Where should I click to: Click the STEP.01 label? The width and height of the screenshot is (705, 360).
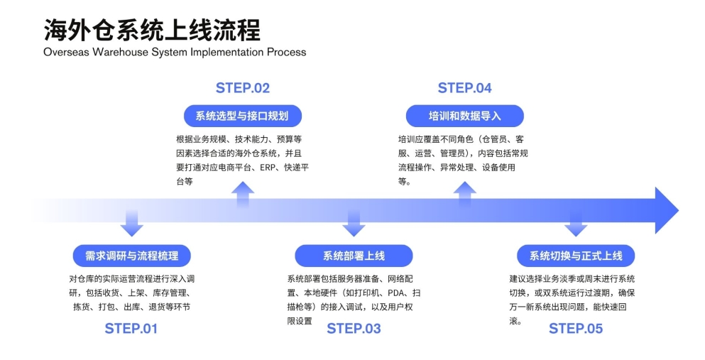(x=131, y=329)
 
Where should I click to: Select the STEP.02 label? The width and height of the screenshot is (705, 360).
(x=243, y=88)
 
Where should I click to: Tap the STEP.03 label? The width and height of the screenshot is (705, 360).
(x=354, y=329)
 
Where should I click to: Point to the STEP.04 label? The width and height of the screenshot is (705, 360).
(x=464, y=88)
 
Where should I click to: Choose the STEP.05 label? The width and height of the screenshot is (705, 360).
(x=576, y=329)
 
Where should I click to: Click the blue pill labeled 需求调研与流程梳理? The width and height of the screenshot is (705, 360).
(x=131, y=256)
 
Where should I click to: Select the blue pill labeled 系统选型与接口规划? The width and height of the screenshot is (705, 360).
(x=242, y=116)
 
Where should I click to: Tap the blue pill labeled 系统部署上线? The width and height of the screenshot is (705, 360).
(x=354, y=256)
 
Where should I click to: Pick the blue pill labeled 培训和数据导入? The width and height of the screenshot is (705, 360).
(x=464, y=116)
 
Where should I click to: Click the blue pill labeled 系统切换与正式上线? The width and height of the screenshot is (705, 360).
(x=576, y=256)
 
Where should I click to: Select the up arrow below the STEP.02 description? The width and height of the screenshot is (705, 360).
(x=243, y=193)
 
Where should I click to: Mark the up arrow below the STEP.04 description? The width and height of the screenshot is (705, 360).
(x=465, y=193)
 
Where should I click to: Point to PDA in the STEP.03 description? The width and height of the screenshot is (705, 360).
(x=398, y=293)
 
